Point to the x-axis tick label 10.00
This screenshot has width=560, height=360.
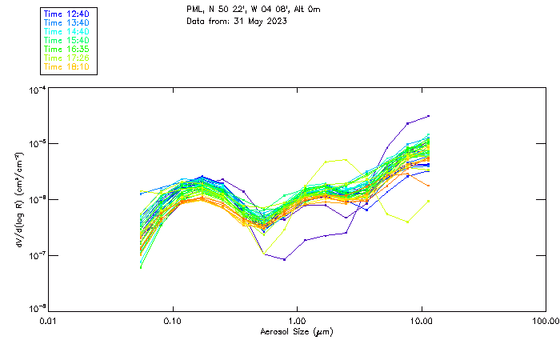[x=422, y=321]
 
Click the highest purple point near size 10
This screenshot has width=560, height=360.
[x=429, y=116]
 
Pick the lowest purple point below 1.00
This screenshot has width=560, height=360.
[x=284, y=259]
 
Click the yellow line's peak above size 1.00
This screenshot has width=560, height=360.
[x=345, y=159]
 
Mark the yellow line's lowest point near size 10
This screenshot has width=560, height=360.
[x=408, y=222]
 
